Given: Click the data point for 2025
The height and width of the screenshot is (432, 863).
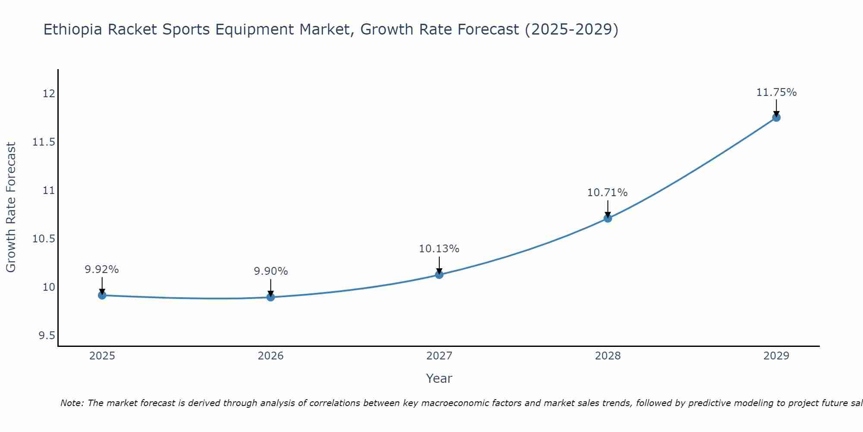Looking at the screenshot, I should [x=102, y=295].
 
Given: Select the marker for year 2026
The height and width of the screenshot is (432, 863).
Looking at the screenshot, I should [x=271, y=297].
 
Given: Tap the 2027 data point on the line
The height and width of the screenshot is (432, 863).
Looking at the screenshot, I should [x=439, y=275].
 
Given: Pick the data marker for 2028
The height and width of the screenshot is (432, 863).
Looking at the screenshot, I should [x=608, y=219].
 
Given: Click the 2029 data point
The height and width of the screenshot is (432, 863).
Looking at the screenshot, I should [x=776, y=118].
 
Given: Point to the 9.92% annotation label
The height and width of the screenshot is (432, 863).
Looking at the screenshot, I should [x=102, y=270].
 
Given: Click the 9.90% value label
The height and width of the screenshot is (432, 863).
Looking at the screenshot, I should [x=271, y=271].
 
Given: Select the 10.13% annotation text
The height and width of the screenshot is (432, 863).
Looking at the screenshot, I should [x=439, y=249].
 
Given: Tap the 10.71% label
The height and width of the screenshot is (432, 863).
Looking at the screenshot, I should [x=607, y=193].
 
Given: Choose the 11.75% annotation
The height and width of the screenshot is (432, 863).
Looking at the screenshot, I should [x=776, y=92].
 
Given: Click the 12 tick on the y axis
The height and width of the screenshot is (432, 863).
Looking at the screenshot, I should [x=49, y=94].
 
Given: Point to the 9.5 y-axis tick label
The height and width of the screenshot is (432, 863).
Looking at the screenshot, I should [x=47, y=336].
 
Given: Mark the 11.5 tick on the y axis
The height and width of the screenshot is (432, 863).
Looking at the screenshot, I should [x=44, y=142].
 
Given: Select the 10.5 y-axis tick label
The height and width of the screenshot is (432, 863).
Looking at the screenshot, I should [x=44, y=239].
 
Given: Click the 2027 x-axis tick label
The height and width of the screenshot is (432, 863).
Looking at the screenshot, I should [x=439, y=356].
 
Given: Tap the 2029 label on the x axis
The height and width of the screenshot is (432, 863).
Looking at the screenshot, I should [x=776, y=356].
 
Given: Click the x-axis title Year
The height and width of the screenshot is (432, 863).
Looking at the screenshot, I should [x=439, y=378].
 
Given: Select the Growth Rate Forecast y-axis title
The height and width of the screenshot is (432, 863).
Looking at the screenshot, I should [x=11, y=207].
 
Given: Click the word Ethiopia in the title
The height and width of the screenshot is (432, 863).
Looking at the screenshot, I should [x=73, y=29].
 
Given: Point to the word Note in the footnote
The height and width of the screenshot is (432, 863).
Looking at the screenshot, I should [x=72, y=403].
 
